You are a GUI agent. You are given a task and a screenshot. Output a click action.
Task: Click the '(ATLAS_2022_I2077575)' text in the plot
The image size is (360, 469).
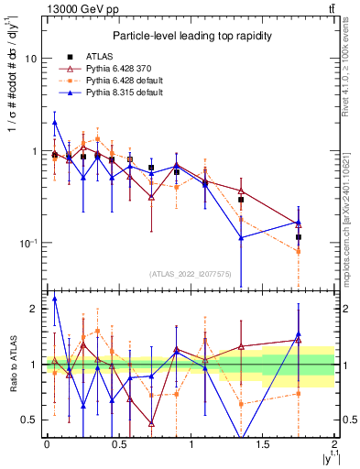190,274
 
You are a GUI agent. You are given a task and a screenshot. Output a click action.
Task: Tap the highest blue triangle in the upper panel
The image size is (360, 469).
55,122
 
